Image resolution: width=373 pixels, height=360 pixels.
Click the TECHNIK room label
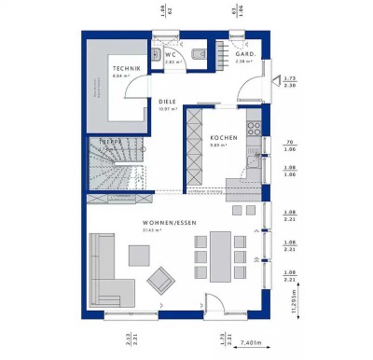pyautogui.click(x=126, y=70)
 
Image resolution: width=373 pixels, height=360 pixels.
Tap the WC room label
pyautogui.click(x=171, y=54)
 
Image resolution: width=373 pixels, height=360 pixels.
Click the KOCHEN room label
pyautogui.click(x=224, y=137)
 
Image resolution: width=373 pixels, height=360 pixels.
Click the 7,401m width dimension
pyautogui.click(x=248, y=343)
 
